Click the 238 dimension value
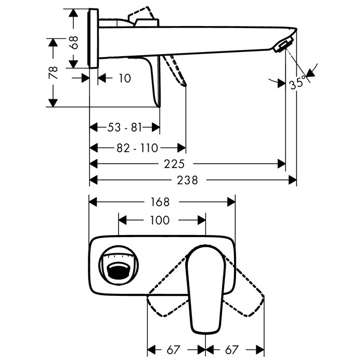[x=187, y=180]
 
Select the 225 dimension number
[x=174, y=164]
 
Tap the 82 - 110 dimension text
[x=137, y=148]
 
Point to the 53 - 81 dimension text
[x=124, y=127]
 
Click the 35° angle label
[x=298, y=82]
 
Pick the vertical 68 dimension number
[x=74, y=42]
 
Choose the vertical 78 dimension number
[x=53, y=73]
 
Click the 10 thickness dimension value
[x=125, y=78]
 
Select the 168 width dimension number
[x=160, y=202]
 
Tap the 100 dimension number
[x=160, y=220]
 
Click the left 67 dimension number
[x=173, y=349]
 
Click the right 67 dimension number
[x=232, y=349]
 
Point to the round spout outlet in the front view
[x=119, y=265]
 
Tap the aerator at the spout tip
[x=282, y=46]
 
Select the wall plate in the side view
[x=93, y=38]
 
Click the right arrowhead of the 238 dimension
[x=293, y=180]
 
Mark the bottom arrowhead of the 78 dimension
[x=53, y=103]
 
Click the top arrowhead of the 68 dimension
[x=74, y=13]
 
